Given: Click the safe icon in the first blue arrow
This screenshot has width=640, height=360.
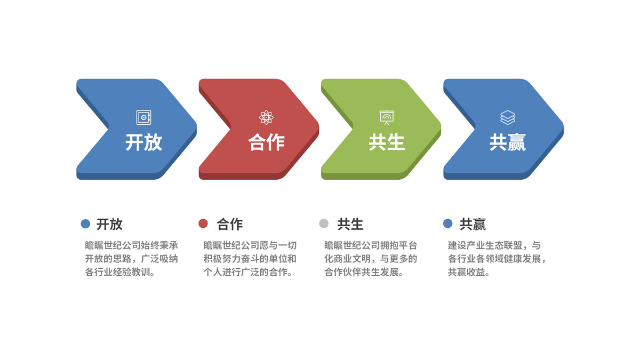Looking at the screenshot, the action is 143,117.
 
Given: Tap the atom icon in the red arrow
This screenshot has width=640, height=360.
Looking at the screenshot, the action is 266,117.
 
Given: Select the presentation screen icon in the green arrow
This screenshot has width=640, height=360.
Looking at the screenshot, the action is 387,117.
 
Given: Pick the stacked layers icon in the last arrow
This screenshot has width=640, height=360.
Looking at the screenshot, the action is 508,117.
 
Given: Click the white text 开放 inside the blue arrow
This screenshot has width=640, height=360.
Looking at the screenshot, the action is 143,142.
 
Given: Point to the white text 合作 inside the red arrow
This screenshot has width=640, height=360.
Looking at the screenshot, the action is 266,142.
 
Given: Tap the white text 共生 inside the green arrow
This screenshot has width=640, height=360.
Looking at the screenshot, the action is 387,142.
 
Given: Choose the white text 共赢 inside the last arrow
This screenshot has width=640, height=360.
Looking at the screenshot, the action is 507,142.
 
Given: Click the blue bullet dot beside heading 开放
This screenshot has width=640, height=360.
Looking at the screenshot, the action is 85,223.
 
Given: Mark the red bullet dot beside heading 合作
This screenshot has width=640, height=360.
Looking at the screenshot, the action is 203,223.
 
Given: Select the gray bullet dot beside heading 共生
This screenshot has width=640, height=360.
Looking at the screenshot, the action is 324,223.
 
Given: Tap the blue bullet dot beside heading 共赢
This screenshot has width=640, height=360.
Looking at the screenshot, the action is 447,223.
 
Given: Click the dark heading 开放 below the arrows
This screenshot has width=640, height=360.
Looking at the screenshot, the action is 109,225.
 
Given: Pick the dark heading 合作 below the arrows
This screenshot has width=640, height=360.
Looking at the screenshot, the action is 230,225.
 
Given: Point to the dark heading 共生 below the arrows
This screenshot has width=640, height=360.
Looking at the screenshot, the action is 350,225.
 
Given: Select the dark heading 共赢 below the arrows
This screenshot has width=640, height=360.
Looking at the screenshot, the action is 473,225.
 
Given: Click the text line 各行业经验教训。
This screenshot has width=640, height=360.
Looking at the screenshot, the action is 121,272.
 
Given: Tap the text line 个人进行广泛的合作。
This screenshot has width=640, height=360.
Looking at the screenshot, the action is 248,272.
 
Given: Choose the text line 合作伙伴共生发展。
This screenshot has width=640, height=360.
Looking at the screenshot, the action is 364,272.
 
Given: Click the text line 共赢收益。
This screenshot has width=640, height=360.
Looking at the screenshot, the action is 469,272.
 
